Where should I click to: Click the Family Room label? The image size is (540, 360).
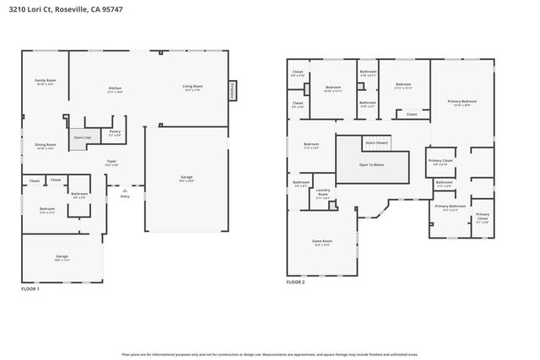(45, 81)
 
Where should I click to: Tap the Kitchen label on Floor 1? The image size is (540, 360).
(116, 88)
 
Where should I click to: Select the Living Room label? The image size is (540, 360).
(192, 86)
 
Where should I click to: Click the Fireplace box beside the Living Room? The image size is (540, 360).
(232, 90)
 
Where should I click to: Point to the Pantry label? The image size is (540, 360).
(115, 132)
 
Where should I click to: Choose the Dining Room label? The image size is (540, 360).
(45, 144)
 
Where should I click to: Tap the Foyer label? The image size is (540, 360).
(111, 161)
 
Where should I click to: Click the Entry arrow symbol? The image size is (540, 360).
(125, 191)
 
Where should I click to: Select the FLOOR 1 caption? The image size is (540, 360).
(30, 289)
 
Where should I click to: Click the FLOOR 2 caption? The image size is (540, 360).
(295, 282)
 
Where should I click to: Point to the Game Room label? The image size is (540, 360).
(323, 241)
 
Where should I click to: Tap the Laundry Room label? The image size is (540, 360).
(322, 191)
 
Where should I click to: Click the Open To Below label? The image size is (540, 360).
(371, 164)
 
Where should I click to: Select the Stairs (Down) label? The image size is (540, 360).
(375, 142)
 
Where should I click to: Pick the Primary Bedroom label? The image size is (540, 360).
(463, 101)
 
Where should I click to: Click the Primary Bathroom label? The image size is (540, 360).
(450, 206)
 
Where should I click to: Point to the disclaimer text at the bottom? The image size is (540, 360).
(270, 355)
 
